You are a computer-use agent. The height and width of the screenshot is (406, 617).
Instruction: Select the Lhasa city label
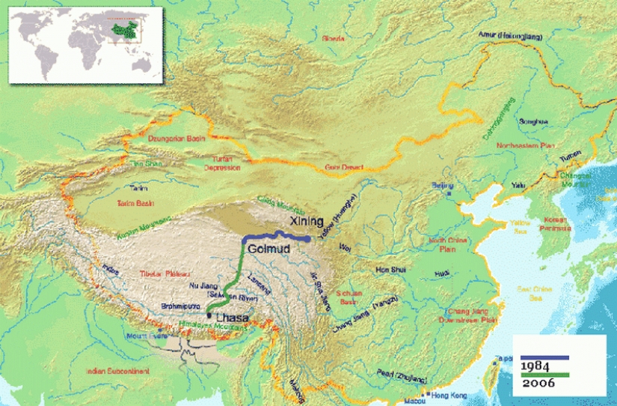pos(230,317)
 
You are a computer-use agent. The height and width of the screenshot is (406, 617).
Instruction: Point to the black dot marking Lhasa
pos(209,316)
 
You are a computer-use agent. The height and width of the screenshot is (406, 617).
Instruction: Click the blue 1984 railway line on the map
pos(277,237)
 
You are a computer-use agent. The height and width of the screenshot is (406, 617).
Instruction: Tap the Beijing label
pos(443,184)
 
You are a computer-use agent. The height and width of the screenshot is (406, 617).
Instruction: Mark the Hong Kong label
pos(449,395)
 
